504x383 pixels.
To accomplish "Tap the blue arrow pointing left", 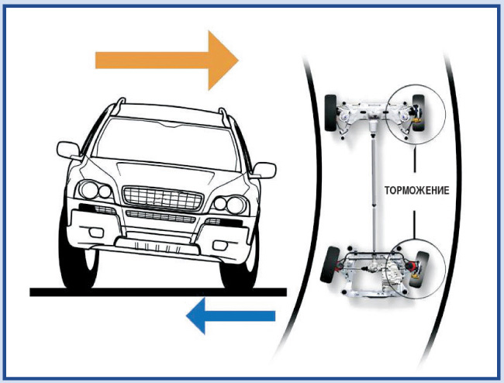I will (232, 315).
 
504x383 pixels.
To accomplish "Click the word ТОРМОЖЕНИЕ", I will (415, 188).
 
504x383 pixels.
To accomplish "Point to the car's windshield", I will (164, 144).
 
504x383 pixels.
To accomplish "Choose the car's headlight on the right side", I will (230, 204).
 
